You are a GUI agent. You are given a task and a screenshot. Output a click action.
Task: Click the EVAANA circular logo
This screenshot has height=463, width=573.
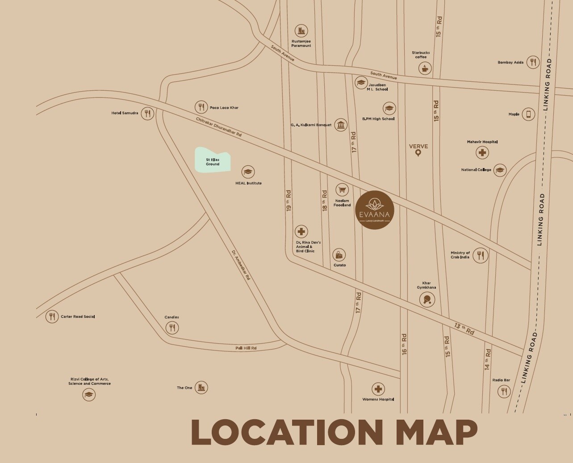[375, 210]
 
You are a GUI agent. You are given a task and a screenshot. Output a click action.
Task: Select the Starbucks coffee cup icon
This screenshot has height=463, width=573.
[425, 68]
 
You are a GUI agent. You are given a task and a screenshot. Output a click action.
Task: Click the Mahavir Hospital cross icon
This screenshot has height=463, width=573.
[482, 153]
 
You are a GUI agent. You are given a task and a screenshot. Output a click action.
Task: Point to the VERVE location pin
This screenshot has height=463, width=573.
[418, 153]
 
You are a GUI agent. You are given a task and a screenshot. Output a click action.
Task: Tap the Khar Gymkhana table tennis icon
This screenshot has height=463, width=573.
[427, 299]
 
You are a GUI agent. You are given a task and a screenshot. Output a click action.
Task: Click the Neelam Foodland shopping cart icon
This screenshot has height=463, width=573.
[342, 190]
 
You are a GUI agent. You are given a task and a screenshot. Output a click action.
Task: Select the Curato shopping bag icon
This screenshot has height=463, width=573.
[339, 255]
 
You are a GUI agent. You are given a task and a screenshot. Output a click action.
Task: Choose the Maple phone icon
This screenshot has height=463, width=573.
[528, 114]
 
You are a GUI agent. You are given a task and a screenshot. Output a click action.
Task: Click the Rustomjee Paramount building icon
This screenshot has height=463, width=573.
[301, 31]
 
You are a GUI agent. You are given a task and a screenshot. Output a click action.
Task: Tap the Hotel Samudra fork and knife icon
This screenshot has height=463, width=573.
[147, 113]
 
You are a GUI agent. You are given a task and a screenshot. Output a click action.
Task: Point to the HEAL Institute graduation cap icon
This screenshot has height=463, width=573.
[248, 172]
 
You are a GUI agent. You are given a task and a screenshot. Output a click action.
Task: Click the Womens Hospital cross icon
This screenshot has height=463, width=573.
[378, 389]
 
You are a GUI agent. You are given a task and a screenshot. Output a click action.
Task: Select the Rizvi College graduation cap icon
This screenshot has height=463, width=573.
[89, 395]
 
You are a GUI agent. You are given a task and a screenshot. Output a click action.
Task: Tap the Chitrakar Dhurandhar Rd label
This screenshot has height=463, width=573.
[219, 127]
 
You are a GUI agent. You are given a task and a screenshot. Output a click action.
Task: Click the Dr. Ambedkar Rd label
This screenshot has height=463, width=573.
[241, 265]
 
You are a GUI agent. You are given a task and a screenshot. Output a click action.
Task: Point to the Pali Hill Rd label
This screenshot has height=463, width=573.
[246, 348]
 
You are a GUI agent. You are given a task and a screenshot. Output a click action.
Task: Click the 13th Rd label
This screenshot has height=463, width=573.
[464, 329]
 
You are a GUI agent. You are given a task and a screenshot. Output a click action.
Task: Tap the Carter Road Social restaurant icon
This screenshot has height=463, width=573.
[52, 316]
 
